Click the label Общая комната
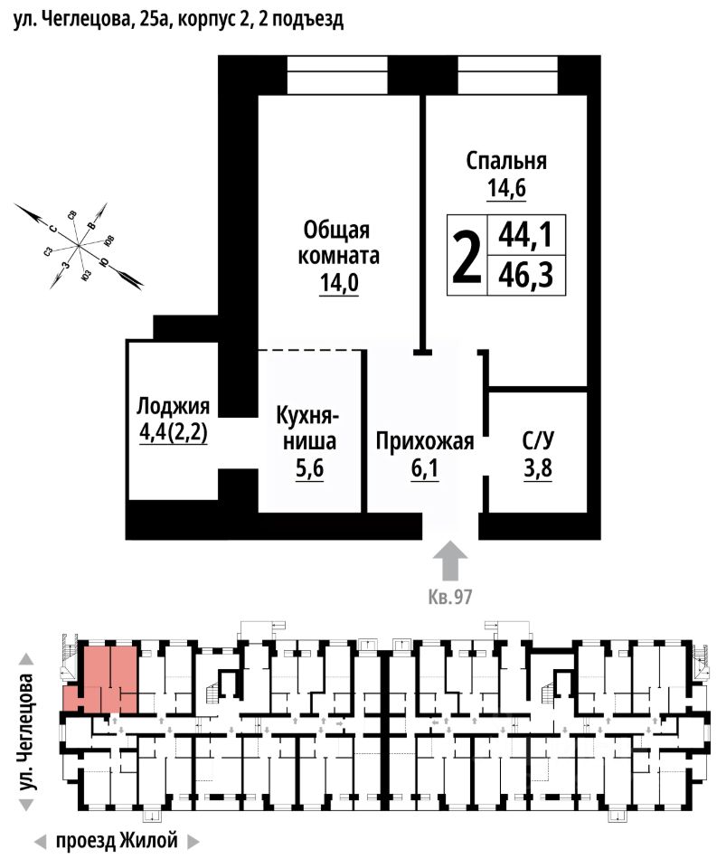340,241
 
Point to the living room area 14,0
339,284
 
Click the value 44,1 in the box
525,237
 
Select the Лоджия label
173,406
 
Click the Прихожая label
425,442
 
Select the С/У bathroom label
538,442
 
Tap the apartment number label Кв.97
450,596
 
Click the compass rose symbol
79,245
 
